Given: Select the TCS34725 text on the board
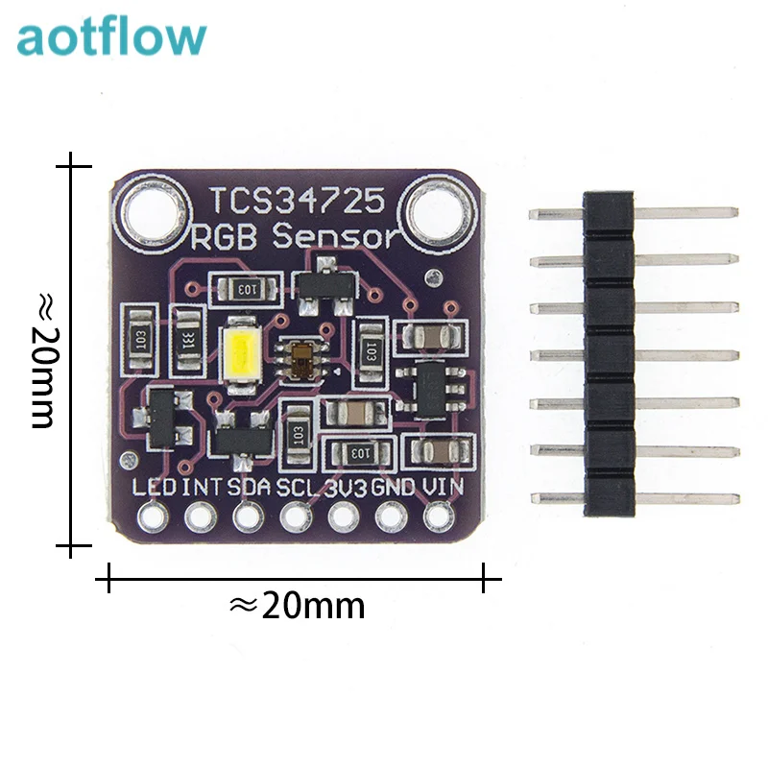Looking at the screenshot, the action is [x=298, y=202].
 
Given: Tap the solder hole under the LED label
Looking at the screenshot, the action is [x=153, y=518].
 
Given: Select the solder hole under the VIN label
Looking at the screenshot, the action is [x=438, y=518].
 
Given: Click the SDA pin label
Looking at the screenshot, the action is [x=250, y=486].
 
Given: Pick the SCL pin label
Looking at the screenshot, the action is [x=298, y=486].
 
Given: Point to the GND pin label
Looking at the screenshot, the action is [x=394, y=486].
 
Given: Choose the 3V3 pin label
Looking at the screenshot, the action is [x=346, y=486].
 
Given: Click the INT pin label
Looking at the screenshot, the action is [x=202, y=486].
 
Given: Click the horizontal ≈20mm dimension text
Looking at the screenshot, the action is [x=298, y=606].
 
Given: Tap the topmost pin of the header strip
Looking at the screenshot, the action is [x=634, y=212].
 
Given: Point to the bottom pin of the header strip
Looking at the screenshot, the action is [x=634, y=497].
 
